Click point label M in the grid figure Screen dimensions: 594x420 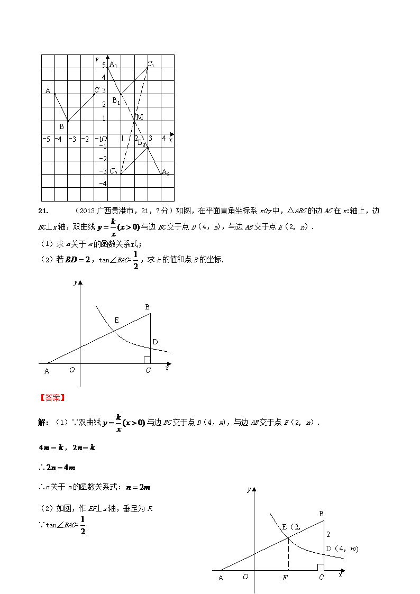pyautogui.click(x=140, y=117)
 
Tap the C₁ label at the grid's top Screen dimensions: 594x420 pyautogui.click(x=151, y=64)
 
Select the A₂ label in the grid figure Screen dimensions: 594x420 pyautogui.click(x=165, y=172)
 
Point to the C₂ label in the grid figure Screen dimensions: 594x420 pyautogui.click(x=113, y=171)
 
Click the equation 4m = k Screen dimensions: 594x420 pyautogui.click(x=51, y=447)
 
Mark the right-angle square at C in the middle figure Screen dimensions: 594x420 pyautogui.click(x=147, y=360)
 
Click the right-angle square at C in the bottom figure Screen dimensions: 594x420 pyautogui.click(x=321, y=567)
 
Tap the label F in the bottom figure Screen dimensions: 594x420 pyautogui.click(x=285, y=578)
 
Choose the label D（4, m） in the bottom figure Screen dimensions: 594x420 pyautogui.click(x=342, y=549)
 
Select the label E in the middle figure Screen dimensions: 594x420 pyautogui.click(x=116, y=320)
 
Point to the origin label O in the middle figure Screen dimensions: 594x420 pyautogui.click(x=72, y=370)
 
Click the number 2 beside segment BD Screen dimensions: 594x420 pyautogui.click(x=328, y=535)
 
